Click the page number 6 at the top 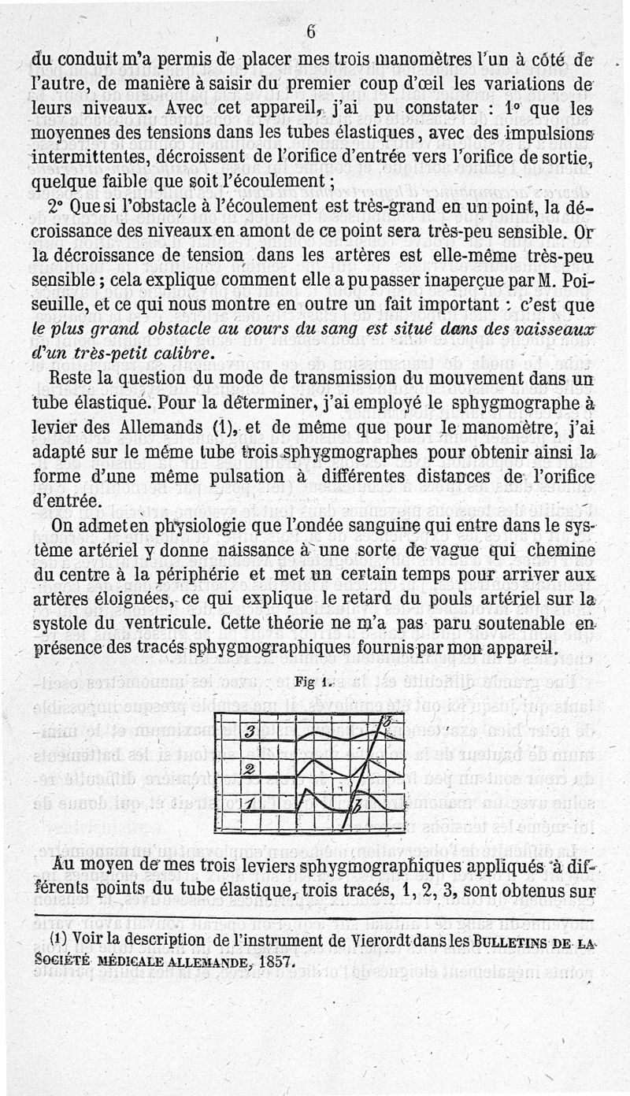[311, 31]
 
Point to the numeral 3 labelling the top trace [248, 732]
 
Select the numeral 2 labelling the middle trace [248, 768]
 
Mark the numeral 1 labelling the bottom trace [248, 805]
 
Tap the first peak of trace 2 [314, 761]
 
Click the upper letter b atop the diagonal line [387, 722]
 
